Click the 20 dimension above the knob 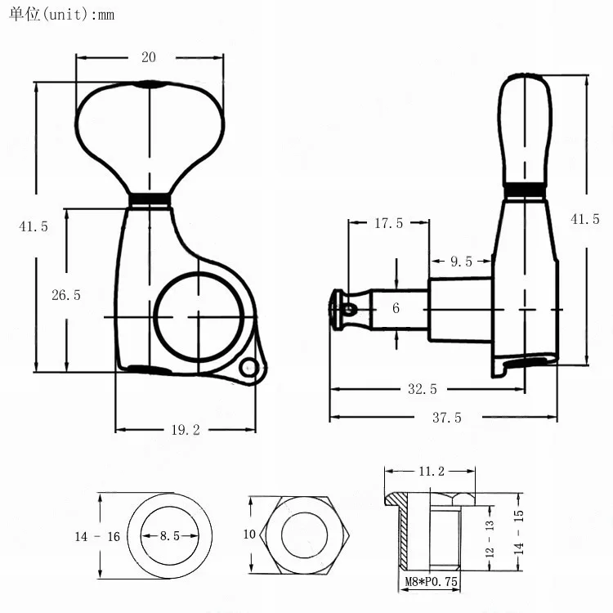(149, 57)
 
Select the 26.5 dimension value (66, 295)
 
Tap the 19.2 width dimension (186, 430)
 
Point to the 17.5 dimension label (388, 223)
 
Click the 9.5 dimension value (461, 262)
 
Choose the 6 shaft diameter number (396, 308)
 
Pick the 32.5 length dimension (423, 389)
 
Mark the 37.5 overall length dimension (447, 418)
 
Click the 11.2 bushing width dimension (432, 471)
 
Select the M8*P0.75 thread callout (432, 581)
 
